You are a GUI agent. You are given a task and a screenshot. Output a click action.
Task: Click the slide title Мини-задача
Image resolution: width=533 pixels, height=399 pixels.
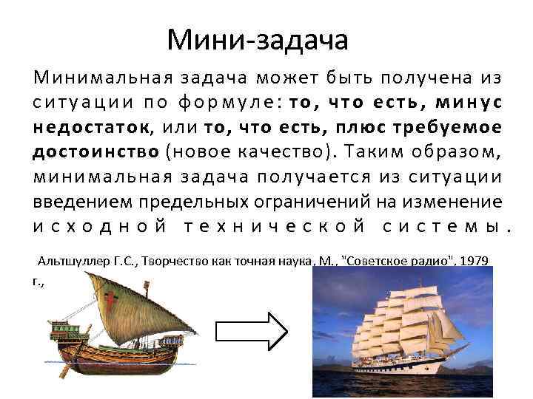[x=257, y=39]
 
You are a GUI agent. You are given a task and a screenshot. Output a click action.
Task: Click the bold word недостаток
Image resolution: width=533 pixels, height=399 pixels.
[x=91, y=127]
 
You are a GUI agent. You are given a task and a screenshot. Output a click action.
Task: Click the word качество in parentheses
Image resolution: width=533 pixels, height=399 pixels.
[x=277, y=151]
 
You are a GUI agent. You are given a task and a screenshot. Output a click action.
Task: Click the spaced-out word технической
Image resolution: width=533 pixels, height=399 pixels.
[x=273, y=225]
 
